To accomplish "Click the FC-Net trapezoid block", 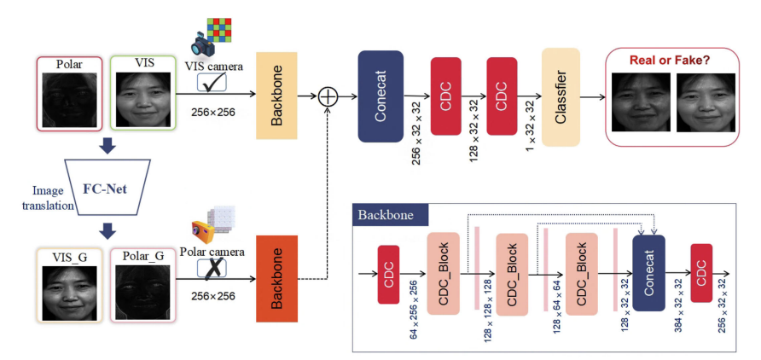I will pos(107,187).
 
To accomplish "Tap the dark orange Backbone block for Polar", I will pos(276,278).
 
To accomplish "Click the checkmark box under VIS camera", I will pos(212,83).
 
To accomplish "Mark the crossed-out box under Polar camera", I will pos(212,267).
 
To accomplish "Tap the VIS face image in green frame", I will pos(142,97).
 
